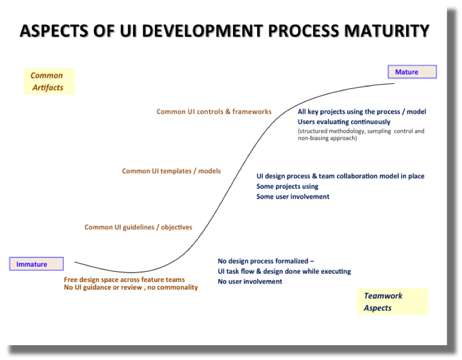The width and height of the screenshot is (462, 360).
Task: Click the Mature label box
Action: [412, 72]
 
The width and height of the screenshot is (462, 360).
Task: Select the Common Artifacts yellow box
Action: [49, 81]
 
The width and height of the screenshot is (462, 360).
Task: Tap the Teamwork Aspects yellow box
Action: [392, 301]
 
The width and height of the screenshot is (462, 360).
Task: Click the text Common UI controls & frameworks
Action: [214, 111]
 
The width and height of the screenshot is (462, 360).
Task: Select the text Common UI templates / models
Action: [171, 171]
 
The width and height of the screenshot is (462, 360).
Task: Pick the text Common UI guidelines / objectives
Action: [138, 227]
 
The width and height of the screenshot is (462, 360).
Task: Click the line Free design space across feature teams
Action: [124, 280]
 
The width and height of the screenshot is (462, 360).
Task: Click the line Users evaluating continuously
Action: [344, 122]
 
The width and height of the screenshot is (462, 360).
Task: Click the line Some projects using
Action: [287, 187]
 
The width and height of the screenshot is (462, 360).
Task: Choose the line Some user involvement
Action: [293, 196]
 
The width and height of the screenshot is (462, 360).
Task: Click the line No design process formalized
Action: [266, 261]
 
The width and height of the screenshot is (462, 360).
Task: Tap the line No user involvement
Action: [250, 281]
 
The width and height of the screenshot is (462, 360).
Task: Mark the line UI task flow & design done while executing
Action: [284, 271]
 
